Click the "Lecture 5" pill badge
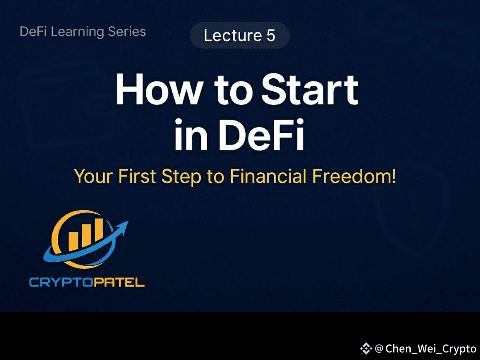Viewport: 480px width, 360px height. (240, 36)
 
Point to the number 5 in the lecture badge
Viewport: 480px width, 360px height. (271, 36)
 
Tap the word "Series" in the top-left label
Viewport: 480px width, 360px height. (129, 32)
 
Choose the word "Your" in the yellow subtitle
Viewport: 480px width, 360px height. (93, 176)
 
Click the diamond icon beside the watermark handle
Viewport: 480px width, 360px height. (366, 348)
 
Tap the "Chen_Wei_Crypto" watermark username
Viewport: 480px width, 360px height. (431, 348)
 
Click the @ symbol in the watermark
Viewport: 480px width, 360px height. (379, 348)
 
